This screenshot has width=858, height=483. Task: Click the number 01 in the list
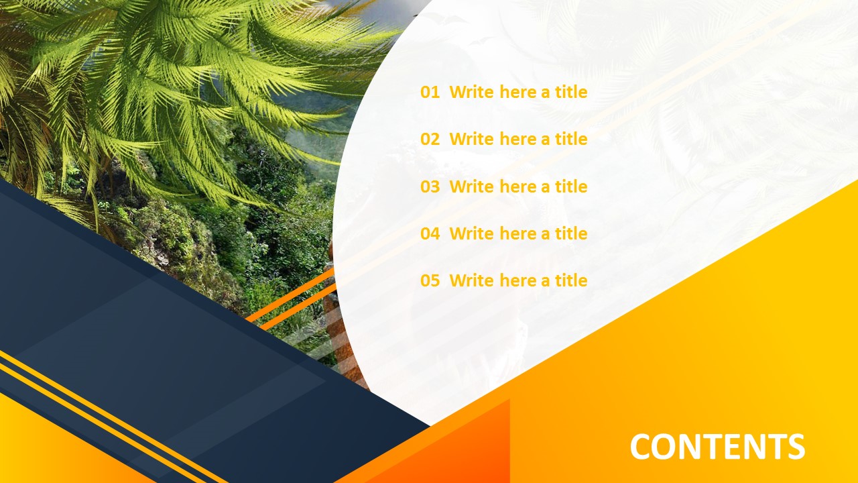tap(430, 93)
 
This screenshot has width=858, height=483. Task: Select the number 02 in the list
tap(430, 140)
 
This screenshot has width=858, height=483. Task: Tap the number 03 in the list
tap(430, 186)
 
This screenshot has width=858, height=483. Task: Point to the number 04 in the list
tap(430, 233)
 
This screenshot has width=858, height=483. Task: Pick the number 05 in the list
tap(430, 280)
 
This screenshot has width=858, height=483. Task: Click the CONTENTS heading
tap(717, 447)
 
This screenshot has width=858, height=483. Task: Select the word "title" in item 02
tap(571, 140)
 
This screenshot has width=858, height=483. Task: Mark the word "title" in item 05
tap(571, 280)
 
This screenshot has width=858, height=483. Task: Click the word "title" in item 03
tap(571, 186)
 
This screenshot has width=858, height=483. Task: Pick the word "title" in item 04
tap(571, 233)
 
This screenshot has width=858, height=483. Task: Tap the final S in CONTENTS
tap(795, 447)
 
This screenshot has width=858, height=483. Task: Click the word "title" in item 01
tap(571, 93)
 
